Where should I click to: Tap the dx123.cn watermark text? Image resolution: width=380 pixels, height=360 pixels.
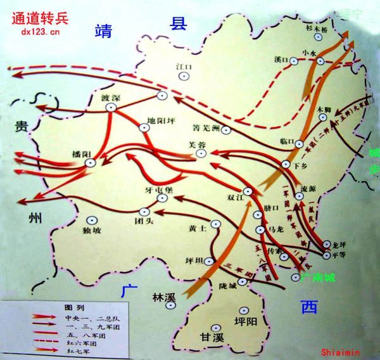[x=40, y=31]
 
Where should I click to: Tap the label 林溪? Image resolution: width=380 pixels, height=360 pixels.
[x=163, y=296]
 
